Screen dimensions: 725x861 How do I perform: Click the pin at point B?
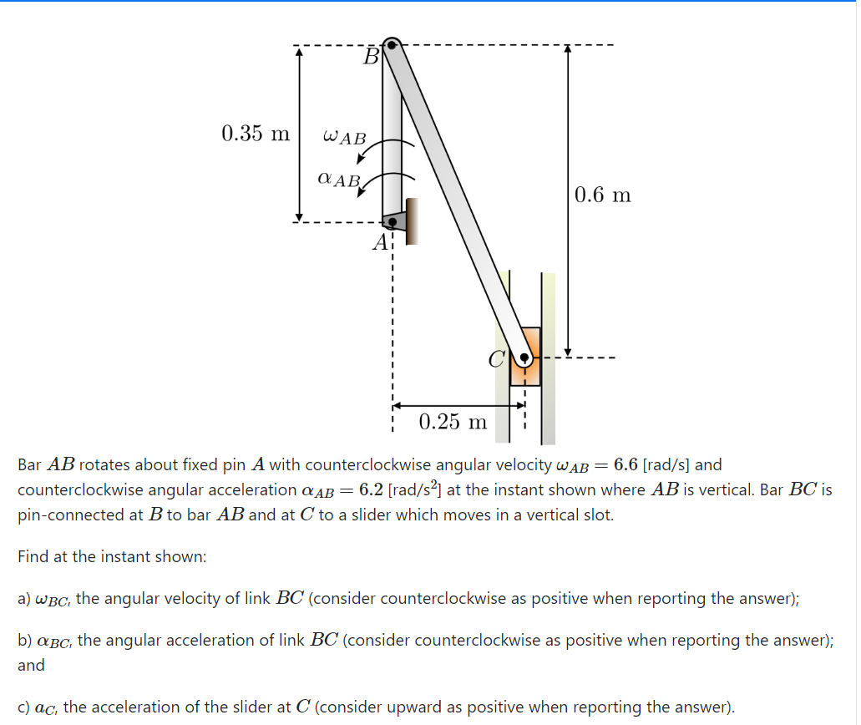392,44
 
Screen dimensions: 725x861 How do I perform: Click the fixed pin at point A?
393,222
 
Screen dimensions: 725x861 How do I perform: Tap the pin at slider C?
524,359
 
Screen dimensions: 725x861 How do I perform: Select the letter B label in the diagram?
372,57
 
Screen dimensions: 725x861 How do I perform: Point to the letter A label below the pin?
381,243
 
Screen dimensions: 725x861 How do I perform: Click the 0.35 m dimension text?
256,134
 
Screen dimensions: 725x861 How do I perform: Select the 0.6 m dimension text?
603,195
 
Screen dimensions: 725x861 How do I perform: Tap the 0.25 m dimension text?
452,422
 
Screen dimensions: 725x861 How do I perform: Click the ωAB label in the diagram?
343,136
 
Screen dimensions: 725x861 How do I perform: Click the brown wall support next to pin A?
410,221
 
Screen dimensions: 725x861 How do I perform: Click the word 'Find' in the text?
34,556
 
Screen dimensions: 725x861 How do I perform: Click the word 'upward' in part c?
423,707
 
